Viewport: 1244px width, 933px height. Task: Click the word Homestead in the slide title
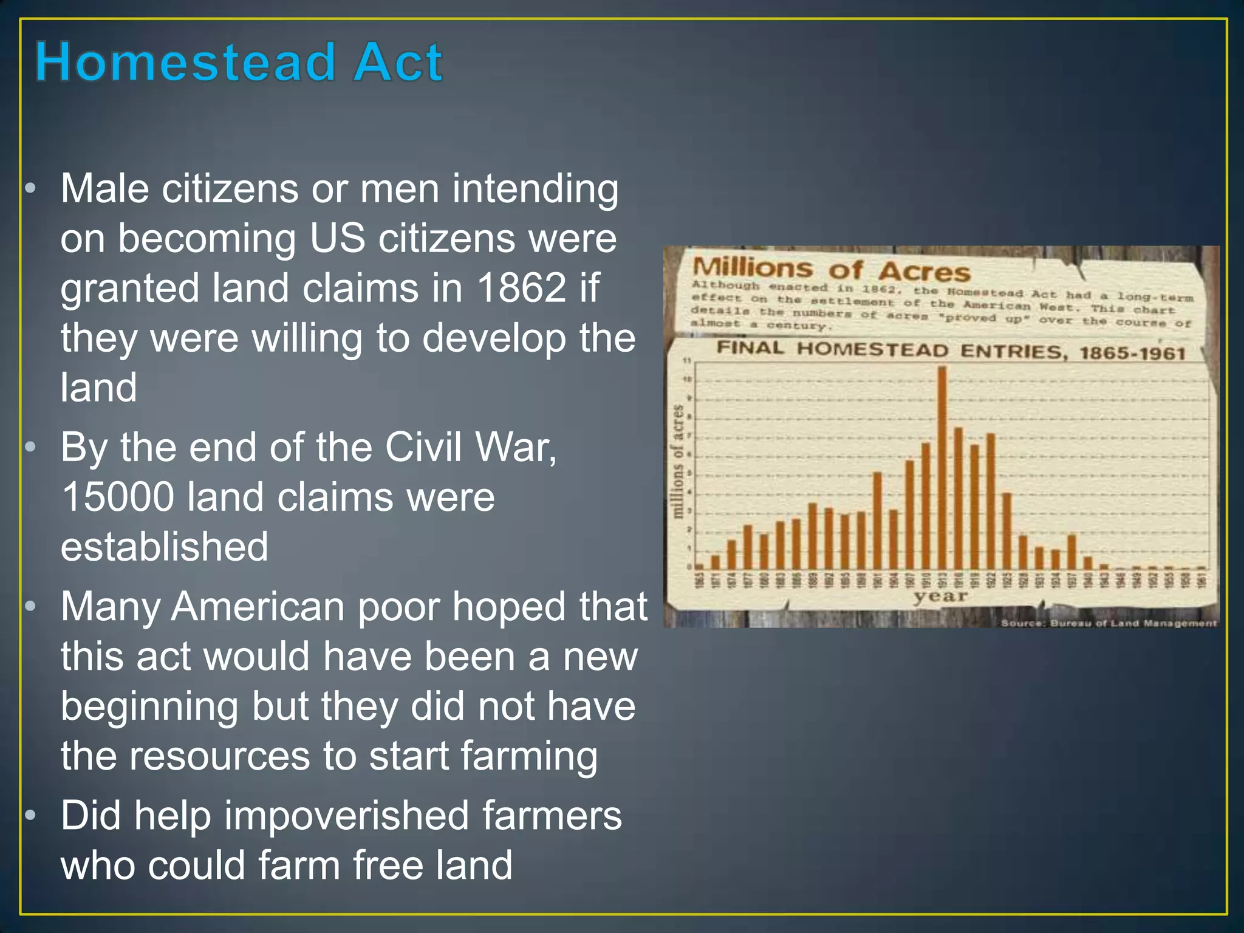[185, 62]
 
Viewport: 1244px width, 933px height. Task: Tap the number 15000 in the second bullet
[118, 497]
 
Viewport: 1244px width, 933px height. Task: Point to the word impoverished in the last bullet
[346, 816]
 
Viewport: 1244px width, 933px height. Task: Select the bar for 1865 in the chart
[700, 566]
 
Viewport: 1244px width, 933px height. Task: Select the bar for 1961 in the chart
[1201, 567]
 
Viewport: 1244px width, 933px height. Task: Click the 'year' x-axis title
[940, 596]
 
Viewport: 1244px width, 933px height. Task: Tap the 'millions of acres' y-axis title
[678, 462]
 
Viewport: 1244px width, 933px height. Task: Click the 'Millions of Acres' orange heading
[830, 269]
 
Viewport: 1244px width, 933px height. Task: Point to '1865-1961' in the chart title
[1132, 354]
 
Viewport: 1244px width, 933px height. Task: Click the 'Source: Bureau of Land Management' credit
[1108, 623]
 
